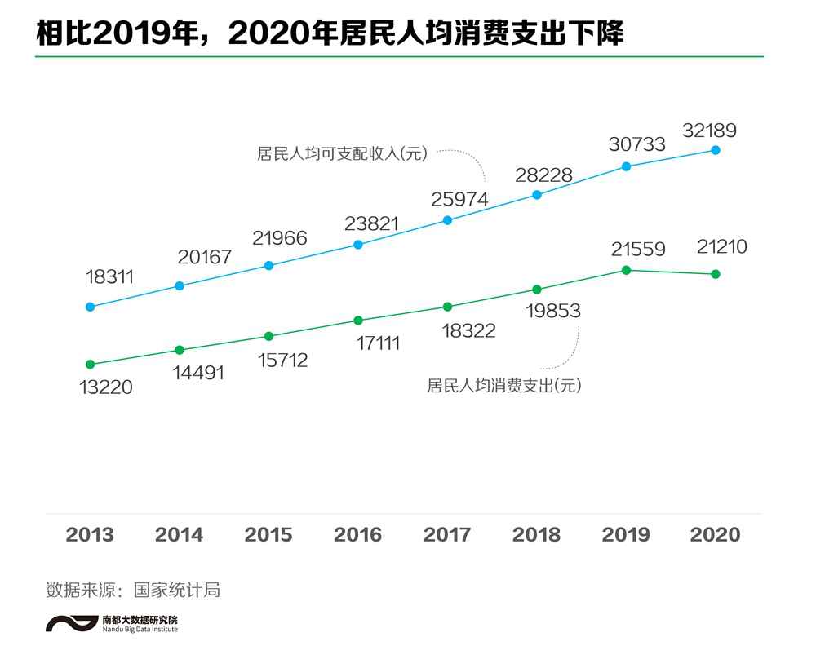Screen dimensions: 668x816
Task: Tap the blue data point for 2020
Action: coord(716,149)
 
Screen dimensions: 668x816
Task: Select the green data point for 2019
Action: coord(626,270)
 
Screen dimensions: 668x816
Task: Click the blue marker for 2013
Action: coord(90,307)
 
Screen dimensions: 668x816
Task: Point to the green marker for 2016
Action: coord(357,320)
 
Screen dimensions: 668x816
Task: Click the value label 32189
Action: coord(709,130)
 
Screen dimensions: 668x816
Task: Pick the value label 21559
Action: coord(637,250)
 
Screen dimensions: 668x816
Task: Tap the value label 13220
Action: coord(105,387)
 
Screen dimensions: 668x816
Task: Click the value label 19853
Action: coord(553,311)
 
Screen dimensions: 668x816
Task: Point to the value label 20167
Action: coord(205,258)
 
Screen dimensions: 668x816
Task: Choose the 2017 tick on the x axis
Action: coord(447,535)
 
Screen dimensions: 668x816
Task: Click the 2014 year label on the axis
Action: coord(179,535)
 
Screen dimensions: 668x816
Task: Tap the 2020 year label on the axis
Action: coord(715,535)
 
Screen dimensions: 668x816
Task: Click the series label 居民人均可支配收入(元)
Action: coord(342,153)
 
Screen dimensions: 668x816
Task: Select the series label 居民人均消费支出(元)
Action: coord(503,386)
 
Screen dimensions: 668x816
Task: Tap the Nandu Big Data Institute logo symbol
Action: coord(72,623)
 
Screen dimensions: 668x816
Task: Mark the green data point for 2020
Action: coord(716,274)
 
